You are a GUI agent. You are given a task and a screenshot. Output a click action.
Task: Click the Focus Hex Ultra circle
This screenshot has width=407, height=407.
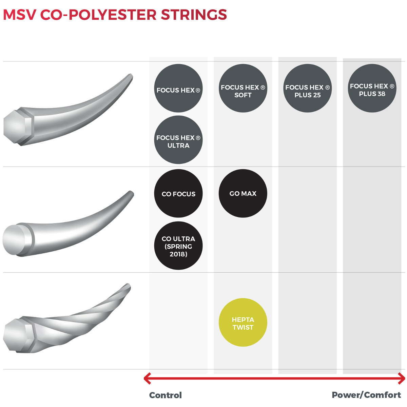click(x=178, y=140)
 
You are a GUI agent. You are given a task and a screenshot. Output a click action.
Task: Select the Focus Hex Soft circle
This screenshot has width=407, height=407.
click(x=243, y=88)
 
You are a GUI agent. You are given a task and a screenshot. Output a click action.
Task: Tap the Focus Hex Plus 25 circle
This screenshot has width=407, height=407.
click(x=308, y=88)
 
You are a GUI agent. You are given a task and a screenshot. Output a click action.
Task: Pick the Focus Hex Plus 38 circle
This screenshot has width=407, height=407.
click(x=372, y=88)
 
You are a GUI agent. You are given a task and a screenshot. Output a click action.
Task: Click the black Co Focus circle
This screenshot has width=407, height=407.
click(x=178, y=193)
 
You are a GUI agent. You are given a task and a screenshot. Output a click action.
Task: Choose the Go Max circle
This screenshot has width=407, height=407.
click(x=243, y=193)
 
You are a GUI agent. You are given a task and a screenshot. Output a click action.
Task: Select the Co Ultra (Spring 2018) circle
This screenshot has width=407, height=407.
click(x=178, y=246)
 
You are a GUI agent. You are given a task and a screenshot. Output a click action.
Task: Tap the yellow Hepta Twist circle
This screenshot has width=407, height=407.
click(x=243, y=322)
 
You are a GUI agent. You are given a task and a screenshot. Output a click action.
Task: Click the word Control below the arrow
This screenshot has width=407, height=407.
click(x=166, y=395)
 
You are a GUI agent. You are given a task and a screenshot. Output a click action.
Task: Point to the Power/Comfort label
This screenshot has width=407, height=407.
click(x=366, y=395)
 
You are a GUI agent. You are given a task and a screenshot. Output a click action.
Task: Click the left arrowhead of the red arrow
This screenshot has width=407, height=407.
click(x=147, y=378)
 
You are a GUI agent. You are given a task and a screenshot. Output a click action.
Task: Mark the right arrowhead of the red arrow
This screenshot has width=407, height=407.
click(x=402, y=378)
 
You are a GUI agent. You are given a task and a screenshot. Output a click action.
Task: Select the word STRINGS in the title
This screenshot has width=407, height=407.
click(x=194, y=15)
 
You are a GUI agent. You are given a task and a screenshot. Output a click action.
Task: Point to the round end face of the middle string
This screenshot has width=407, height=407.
click(x=13, y=240)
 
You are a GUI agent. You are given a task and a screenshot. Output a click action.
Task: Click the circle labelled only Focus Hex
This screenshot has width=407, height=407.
click(x=178, y=88)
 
